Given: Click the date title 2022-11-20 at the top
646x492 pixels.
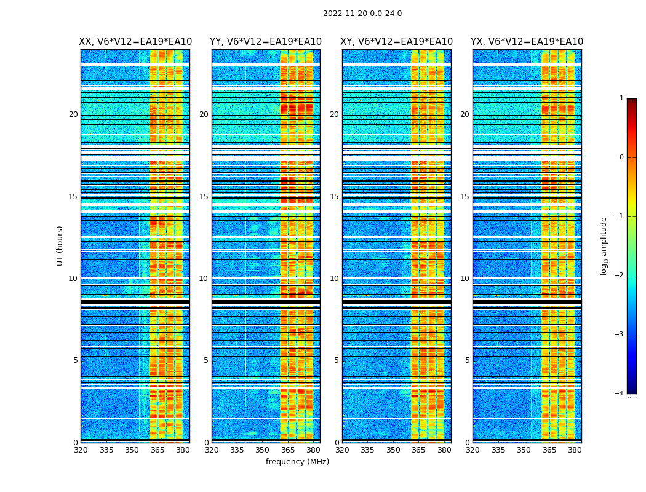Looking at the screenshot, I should point(362,14).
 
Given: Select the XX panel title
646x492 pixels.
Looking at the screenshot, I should point(135,42).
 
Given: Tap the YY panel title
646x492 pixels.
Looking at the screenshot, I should point(266,42).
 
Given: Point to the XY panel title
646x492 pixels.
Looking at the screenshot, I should point(397,42).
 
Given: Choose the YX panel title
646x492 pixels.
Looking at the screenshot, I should point(527,42).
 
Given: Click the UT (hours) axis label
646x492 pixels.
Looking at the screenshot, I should point(60,245).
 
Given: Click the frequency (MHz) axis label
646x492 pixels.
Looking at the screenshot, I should point(297,462).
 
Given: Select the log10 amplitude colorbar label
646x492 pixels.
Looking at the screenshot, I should point(604,245).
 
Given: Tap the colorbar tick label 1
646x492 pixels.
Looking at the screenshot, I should point(621,98).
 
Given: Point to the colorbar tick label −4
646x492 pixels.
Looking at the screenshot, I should point(620,394).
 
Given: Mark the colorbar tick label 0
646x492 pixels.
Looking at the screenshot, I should point(621,157).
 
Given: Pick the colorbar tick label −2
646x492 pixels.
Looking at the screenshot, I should point(620,276).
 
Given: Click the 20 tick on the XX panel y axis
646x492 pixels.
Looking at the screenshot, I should point(73,114).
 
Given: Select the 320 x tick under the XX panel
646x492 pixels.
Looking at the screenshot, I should point(81,450).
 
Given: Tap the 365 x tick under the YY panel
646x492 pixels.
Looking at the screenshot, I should point(288,450).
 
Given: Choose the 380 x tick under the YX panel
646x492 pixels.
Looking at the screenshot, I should point(575,450).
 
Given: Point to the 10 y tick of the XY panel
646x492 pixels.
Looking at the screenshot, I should point(334,279).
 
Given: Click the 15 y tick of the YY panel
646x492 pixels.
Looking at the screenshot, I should point(204,197).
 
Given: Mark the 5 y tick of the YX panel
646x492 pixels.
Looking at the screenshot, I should point(467,360).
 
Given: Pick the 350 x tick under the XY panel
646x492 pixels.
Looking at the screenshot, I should point(393,450).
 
